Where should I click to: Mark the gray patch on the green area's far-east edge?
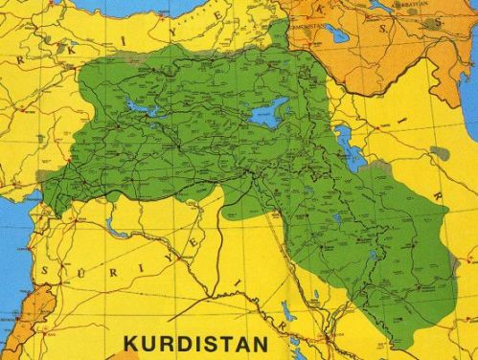[x=440, y=153]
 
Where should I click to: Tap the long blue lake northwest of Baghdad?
[x=286, y=311]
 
